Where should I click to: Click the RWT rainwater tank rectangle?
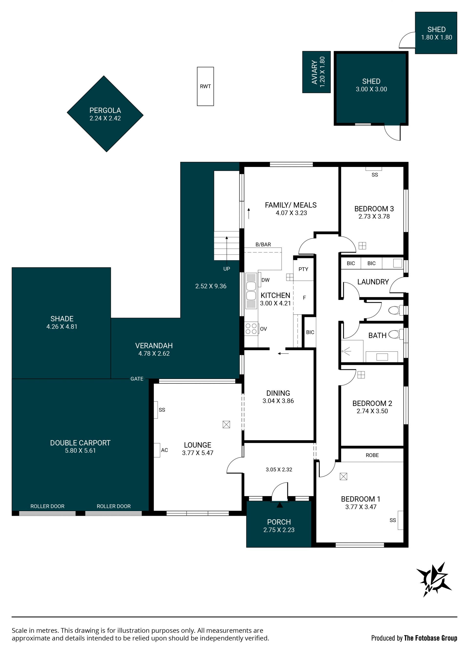pyautogui.click(x=205, y=86)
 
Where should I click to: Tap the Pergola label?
pyautogui.click(x=105, y=110)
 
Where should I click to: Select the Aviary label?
pyautogui.click(x=314, y=72)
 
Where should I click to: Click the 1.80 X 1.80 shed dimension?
pyautogui.click(x=436, y=37)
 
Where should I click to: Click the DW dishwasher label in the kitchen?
pyautogui.click(x=265, y=280)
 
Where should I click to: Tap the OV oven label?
pyautogui.click(x=263, y=329)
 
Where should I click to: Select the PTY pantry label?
pyautogui.click(x=303, y=269)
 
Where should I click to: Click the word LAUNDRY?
pyautogui.click(x=373, y=282)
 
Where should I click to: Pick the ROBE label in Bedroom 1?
pyautogui.click(x=372, y=455)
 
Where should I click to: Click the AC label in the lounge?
pyautogui.click(x=164, y=450)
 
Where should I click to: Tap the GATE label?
pyautogui.click(x=137, y=379)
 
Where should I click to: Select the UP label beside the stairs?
pyautogui.click(x=227, y=269)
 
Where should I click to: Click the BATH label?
pyautogui.click(x=377, y=335)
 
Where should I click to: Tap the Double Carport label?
pyautogui.click(x=80, y=443)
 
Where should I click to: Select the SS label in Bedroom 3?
pyautogui.click(x=375, y=175)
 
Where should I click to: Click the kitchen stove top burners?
pyautogui.click(x=251, y=329)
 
